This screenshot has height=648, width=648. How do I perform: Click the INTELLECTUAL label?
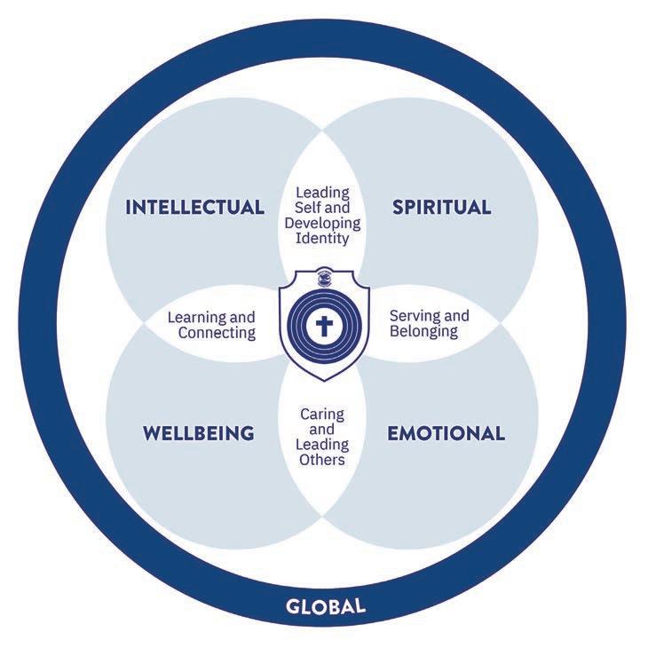(x=195, y=208)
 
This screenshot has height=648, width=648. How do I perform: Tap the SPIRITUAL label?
(x=441, y=208)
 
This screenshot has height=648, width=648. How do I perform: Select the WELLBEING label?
(x=199, y=434)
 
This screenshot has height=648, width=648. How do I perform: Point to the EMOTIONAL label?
(x=446, y=434)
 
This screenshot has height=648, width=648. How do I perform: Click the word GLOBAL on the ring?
(x=326, y=607)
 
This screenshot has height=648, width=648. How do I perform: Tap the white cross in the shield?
(x=324, y=326)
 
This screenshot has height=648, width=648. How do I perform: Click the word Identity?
(x=323, y=237)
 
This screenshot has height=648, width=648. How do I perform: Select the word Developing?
(x=323, y=222)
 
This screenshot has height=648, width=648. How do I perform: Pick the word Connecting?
(x=217, y=333)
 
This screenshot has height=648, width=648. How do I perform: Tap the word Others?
(x=322, y=460)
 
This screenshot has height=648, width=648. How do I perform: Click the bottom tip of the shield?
(x=323, y=379)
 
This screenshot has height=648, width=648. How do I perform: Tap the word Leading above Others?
(x=324, y=445)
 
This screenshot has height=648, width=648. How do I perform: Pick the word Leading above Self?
(x=323, y=192)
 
